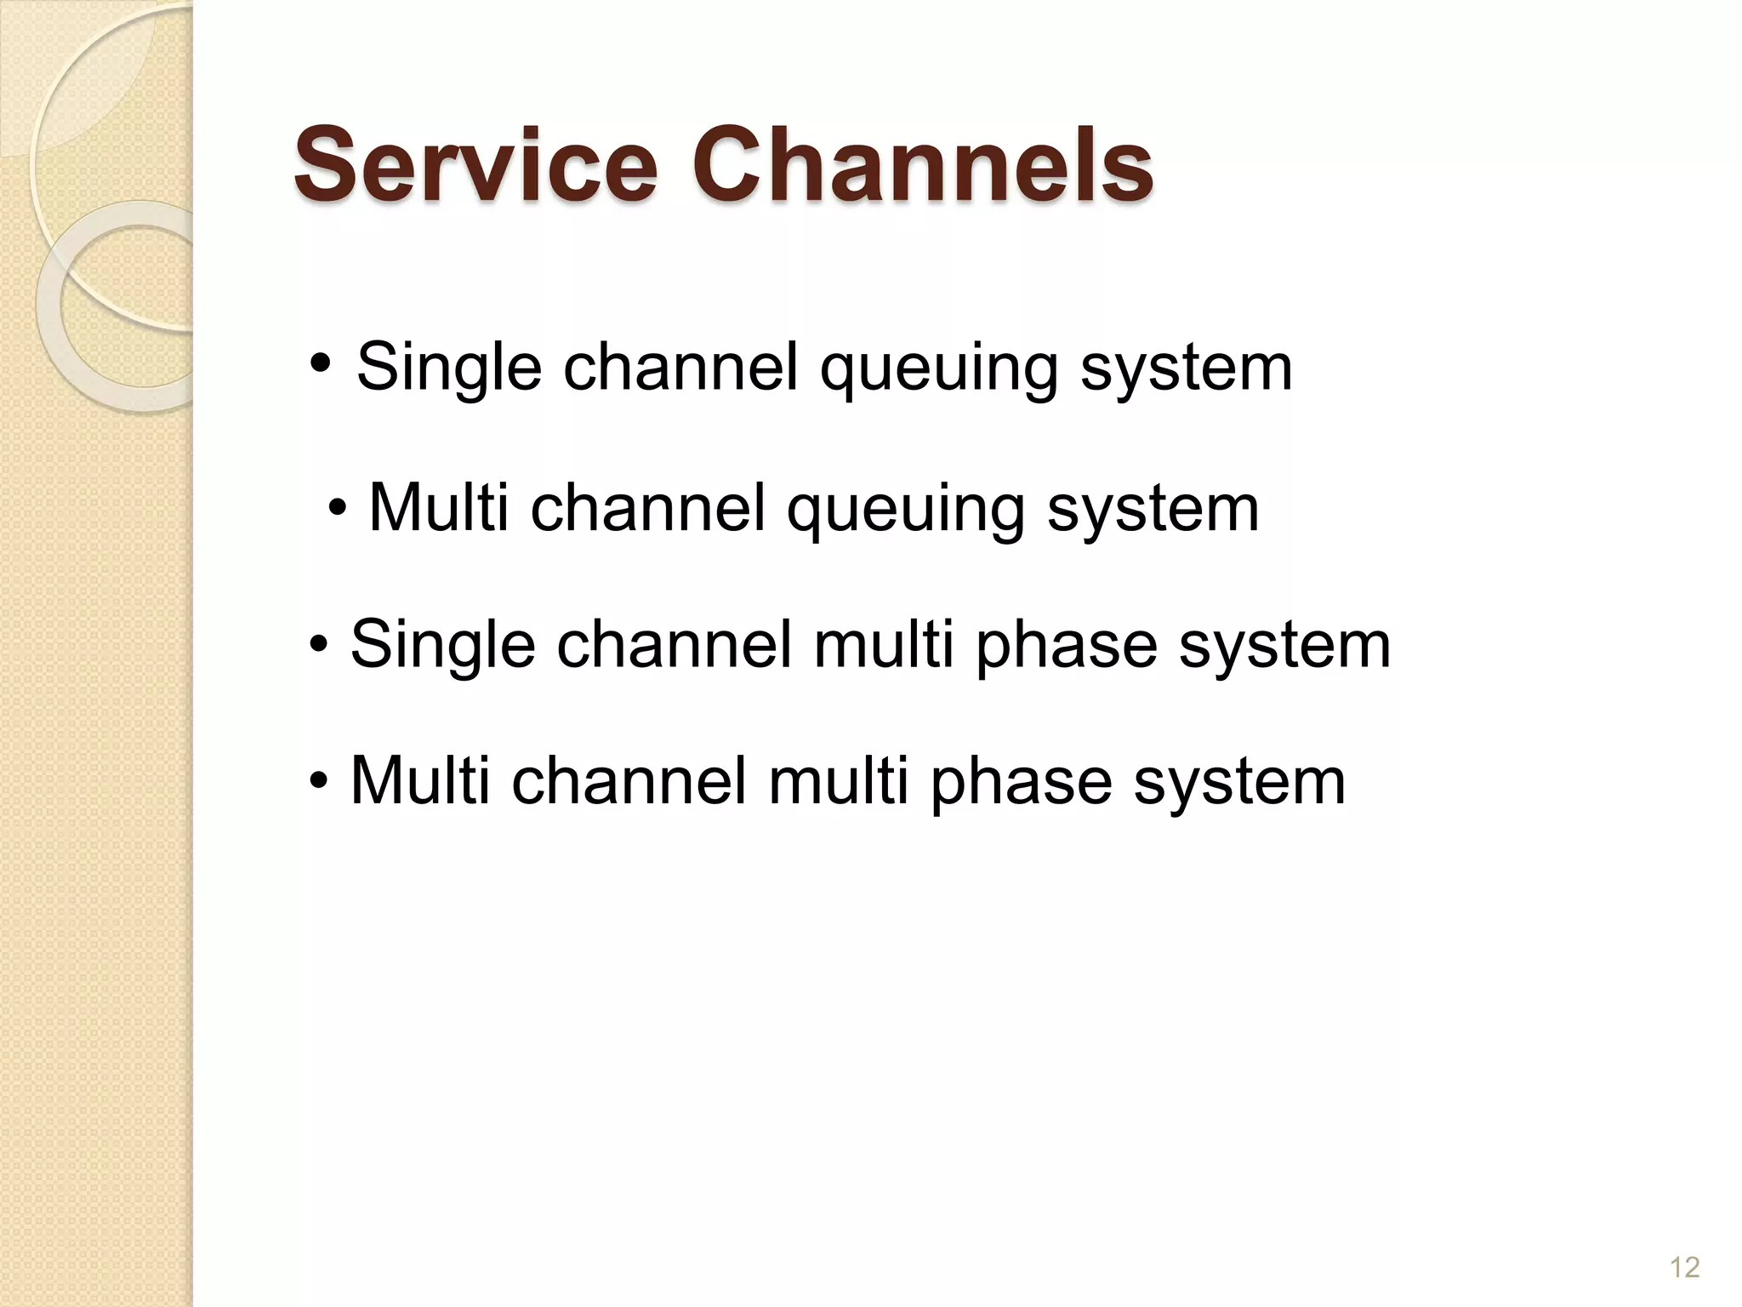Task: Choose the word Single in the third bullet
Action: coord(442,645)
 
